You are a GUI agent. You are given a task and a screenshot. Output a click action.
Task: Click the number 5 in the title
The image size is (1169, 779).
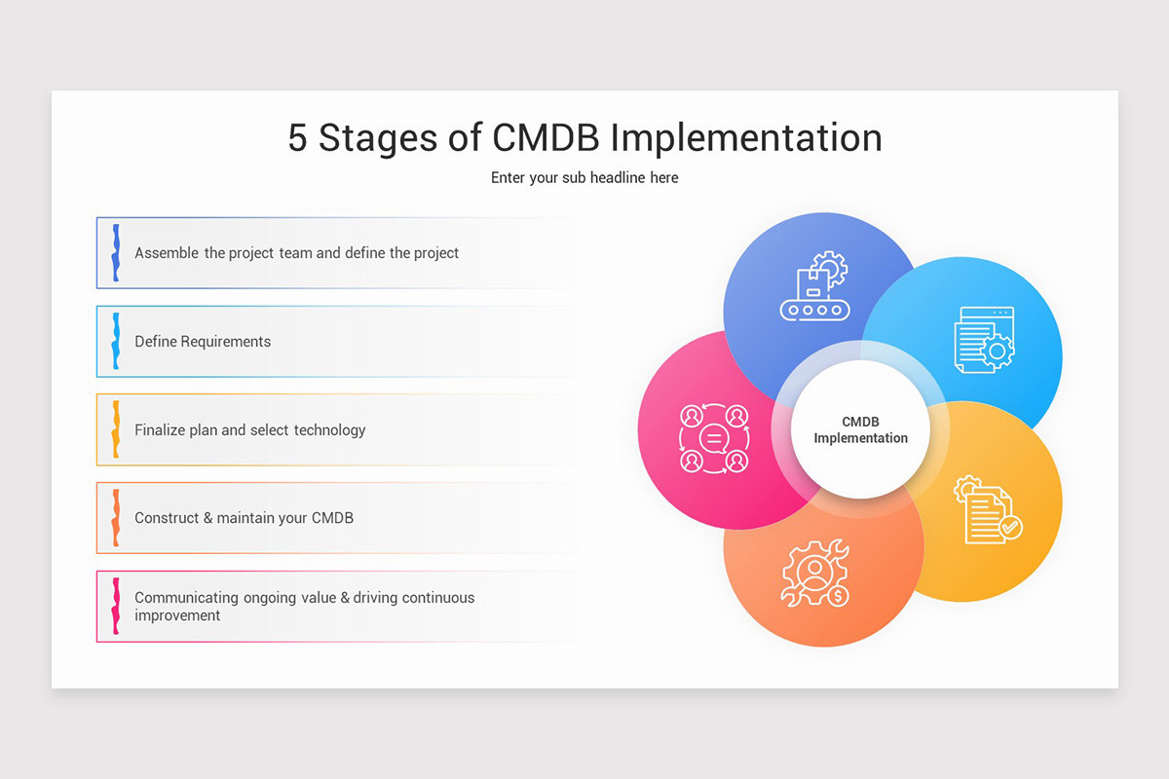pyautogui.click(x=297, y=137)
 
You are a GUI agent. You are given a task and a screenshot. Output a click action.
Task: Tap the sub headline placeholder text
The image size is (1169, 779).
pyautogui.click(x=584, y=177)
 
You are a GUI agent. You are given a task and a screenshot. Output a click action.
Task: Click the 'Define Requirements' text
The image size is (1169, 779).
pyautogui.click(x=203, y=342)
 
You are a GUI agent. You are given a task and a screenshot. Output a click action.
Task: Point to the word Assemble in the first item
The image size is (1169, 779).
pyautogui.click(x=167, y=253)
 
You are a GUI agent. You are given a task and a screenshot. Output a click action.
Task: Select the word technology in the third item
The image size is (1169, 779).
pyautogui.click(x=329, y=430)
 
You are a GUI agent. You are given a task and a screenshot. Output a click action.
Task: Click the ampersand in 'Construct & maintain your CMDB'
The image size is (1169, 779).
pyautogui.click(x=207, y=518)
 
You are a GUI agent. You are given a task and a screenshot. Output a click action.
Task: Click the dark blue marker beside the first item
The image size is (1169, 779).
pyautogui.click(x=116, y=253)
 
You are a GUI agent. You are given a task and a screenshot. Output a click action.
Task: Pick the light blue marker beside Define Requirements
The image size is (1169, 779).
pyautogui.click(x=116, y=342)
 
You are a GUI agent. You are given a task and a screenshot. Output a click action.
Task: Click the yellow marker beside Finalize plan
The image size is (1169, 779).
pyautogui.click(x=116, y=429)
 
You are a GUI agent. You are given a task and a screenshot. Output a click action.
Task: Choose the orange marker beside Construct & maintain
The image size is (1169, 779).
pyautogui.click(x=116, y=518)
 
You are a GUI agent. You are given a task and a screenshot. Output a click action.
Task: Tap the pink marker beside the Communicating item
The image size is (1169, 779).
pyautogui.click(x=116, y=606)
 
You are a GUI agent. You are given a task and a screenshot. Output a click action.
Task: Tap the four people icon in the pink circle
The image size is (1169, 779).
pyautogui.click(x=713, y=439)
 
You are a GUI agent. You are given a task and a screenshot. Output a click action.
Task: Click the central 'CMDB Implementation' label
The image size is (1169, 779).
pyautogui.click(x=860, y=429)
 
